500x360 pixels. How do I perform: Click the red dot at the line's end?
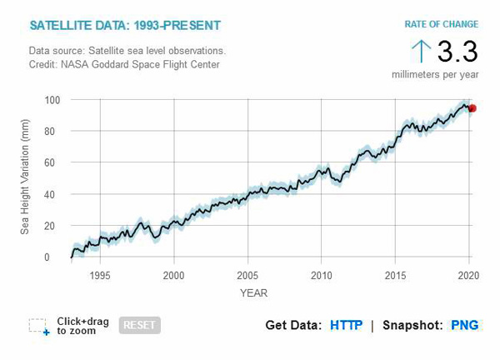click(x=472, y=108)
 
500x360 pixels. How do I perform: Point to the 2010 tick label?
click(x=321, y=275)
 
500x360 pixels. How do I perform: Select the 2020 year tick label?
click(x=468, y=275)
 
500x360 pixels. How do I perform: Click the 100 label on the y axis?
click(x=53, y=100)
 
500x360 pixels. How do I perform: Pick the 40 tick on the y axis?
click(x=56, y=194)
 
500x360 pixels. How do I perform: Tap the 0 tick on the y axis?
click(x=59, y=257)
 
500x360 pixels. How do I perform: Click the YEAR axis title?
click(x=253, y=292)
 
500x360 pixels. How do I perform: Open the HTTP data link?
click(x=346, y=325)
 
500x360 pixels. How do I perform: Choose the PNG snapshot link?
click(x=465, y=325)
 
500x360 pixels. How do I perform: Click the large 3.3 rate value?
click(x=457, y=52)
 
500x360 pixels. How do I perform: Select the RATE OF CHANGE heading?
click(x=441, y=23)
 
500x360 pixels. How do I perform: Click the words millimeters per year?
click(x=435, y=74)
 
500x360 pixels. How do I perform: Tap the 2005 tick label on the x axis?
click(x=247, y=275)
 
